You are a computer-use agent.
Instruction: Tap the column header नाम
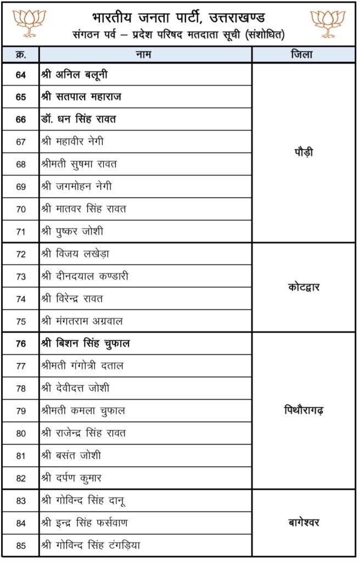click(145, 55)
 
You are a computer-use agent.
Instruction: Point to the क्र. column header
click(21, 55)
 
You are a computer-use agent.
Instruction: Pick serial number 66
click(21, 119)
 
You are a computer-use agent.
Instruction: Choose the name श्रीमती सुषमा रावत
click(79, 164)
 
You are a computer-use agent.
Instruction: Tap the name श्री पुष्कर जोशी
click(72, 231)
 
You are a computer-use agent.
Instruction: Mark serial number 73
click(21, 276)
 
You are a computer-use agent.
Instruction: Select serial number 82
click(21, 477)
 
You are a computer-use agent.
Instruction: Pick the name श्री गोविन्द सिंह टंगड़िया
click(91, 545)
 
